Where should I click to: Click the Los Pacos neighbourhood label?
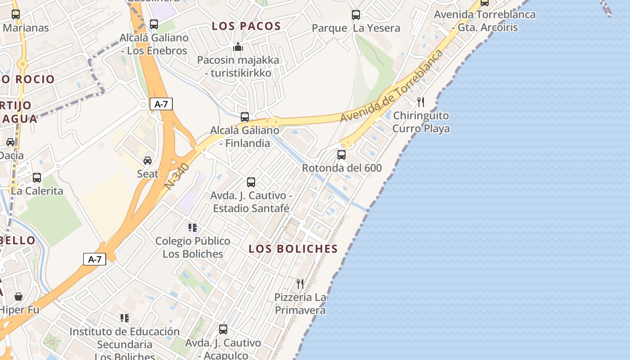click(x=246, y=26)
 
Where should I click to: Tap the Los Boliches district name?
click(x=293, y=249)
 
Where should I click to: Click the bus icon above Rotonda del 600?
click(x=342, y=155)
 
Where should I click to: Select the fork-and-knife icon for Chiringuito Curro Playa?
click(x=421, y=102)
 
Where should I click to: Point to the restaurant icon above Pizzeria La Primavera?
click(x=300, y=283)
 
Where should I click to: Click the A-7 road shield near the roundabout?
click(x=161, y=104)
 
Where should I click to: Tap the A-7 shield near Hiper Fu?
click(x=94, y=259)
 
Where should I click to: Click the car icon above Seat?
click(x=148, y=160)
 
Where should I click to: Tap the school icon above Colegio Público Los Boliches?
click(x=193, y=228)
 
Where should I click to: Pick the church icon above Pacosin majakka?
click(x=238, y=47)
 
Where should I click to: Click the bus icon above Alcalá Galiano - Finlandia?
click(x=245, y=117)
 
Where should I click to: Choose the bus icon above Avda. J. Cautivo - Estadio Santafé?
click(x=251, y=182)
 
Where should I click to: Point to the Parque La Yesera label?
click(x=355, y=28)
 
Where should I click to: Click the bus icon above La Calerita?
click(x=37, y=178)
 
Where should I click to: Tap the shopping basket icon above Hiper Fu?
click(x=18, y=297)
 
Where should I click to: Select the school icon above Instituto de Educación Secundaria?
click(x=125, y=319)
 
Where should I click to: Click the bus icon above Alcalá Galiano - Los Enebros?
click(x=154, y=24)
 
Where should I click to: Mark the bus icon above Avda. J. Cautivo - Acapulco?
click(x=223, y=329)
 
